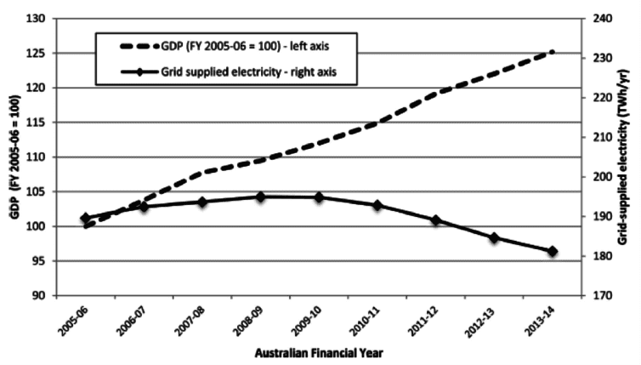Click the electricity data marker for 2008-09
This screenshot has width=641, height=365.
260,197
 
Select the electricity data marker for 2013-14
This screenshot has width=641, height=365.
553,251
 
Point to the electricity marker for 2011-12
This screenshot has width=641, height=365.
436,220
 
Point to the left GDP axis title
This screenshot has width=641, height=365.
14,158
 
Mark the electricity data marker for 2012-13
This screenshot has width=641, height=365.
494,237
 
